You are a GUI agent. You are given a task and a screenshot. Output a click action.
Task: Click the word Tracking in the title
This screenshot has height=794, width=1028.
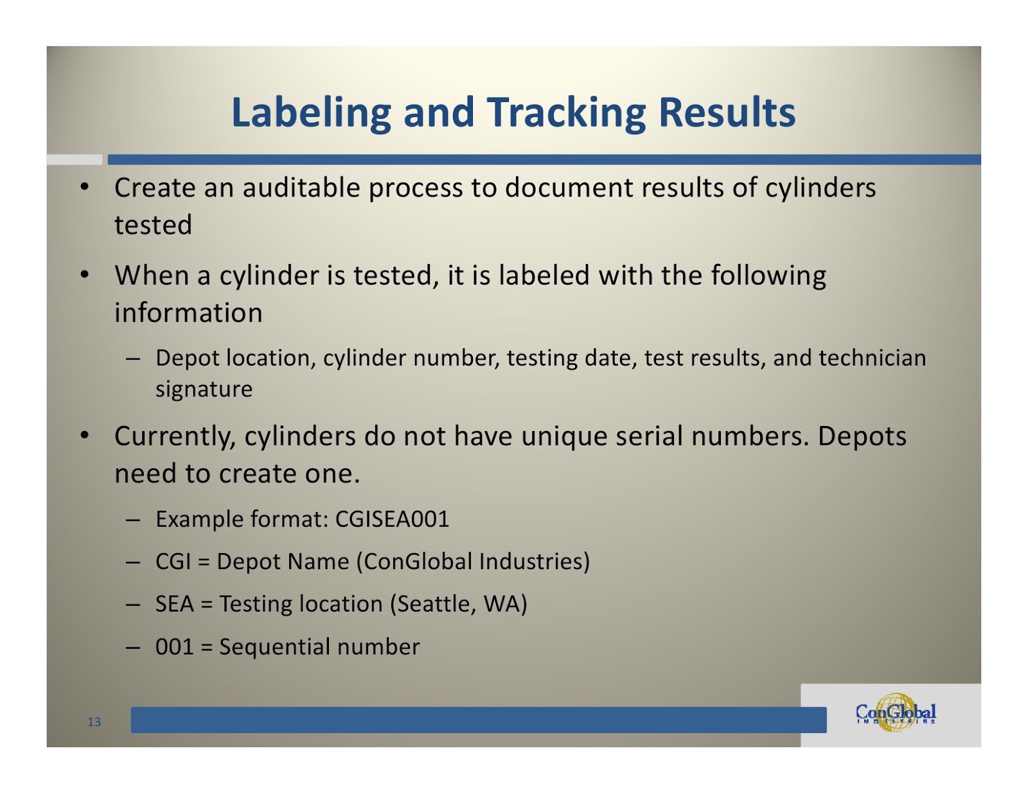565,113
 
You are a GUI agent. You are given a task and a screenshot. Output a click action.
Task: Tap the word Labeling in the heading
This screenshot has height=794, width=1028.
311,113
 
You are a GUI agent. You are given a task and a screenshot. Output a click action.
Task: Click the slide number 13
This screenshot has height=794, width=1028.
94,722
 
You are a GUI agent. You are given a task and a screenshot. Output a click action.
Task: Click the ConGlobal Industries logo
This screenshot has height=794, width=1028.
896,713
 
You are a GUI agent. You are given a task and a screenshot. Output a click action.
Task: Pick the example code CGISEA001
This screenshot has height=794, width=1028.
392,519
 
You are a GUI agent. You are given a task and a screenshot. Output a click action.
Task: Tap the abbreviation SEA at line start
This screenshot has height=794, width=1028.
174,604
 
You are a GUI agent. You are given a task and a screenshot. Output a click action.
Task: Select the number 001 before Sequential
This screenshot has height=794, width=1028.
174,647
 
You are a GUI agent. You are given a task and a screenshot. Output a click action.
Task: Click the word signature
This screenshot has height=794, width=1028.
204,389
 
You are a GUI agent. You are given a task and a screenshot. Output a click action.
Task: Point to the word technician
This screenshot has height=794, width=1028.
872,358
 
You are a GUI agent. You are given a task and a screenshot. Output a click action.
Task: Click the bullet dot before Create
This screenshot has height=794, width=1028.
84,188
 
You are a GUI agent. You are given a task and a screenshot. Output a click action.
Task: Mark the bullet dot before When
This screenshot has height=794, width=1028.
84,275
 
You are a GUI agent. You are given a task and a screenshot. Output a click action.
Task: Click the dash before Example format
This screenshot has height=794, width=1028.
133,519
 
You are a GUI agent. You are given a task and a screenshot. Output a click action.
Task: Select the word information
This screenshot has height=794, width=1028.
188,313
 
